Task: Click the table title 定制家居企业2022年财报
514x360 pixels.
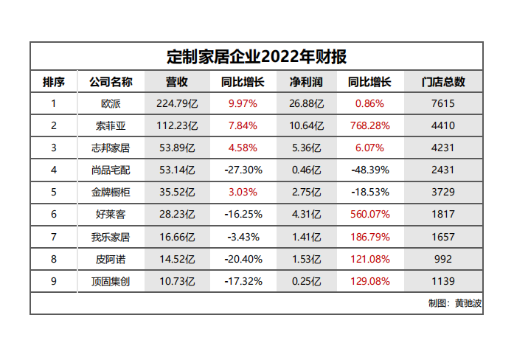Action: coord(257,56)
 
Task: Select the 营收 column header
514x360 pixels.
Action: coord(176,82)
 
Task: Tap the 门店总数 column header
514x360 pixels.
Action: coord(443,82)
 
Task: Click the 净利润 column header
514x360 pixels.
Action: coord(306,82)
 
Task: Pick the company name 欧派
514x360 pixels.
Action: coord(110,104)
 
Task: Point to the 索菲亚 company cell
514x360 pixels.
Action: coord(110,126)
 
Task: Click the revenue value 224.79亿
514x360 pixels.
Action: coord(176,104)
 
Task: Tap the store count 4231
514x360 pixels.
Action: coord(443,148)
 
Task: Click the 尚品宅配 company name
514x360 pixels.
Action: coord(110,170)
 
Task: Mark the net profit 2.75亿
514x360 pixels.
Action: coord(306,193)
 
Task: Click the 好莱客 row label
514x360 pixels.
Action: coord(110,215)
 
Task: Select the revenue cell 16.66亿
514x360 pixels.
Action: coord(176,237)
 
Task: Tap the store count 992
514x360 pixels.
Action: coord(443,259)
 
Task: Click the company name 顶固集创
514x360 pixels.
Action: coord(110,281)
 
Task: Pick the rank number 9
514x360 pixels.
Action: coord(53,281)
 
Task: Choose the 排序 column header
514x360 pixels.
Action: coord(53,82)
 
